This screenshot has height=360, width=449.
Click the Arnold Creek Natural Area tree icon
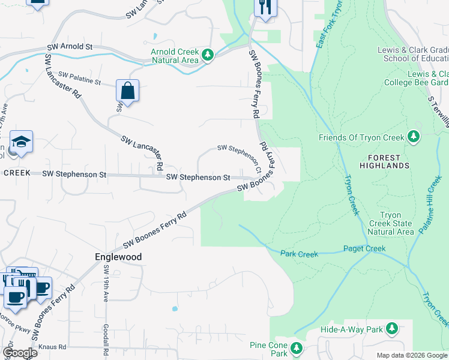click(208, 55)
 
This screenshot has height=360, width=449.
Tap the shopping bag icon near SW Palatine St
click(127, 91)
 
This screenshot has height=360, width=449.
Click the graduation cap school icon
click(21, 142)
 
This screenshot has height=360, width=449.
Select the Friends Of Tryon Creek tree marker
click(413, 137)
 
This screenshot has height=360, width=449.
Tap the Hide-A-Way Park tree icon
click(391, 329)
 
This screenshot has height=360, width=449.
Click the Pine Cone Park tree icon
click(295, 349)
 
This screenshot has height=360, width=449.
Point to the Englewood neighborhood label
click(118, 257)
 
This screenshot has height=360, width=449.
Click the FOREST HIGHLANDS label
click(385, 165)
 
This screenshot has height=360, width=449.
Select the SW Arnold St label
click(70, 46)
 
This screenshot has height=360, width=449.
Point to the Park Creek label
click(299, 254)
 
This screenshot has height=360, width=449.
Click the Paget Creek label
click(364, 248)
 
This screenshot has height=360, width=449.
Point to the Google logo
click(20, 353)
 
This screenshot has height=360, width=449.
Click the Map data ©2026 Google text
click(411, 355)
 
